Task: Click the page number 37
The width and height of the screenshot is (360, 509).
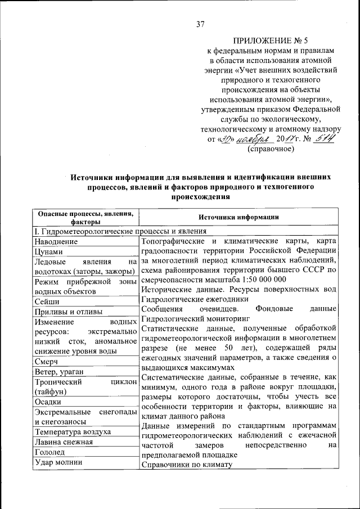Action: click(x=200, y=24)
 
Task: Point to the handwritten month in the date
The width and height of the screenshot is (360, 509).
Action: click(x=255, y=139)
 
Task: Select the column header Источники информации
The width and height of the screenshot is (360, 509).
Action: click(x=238, y=218)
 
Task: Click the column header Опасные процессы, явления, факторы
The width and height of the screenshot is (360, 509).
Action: click(x=85, y=217)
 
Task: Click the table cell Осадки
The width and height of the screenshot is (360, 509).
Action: click(x=48, y=402)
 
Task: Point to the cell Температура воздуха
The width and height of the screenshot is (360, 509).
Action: click(x=72, y=432)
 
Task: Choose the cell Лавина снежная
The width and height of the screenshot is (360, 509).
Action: click(x=64, y=442)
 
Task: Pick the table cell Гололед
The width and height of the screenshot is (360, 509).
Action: click(x=51, y=452)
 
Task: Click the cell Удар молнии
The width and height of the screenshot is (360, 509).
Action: click(x=58, y=462)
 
